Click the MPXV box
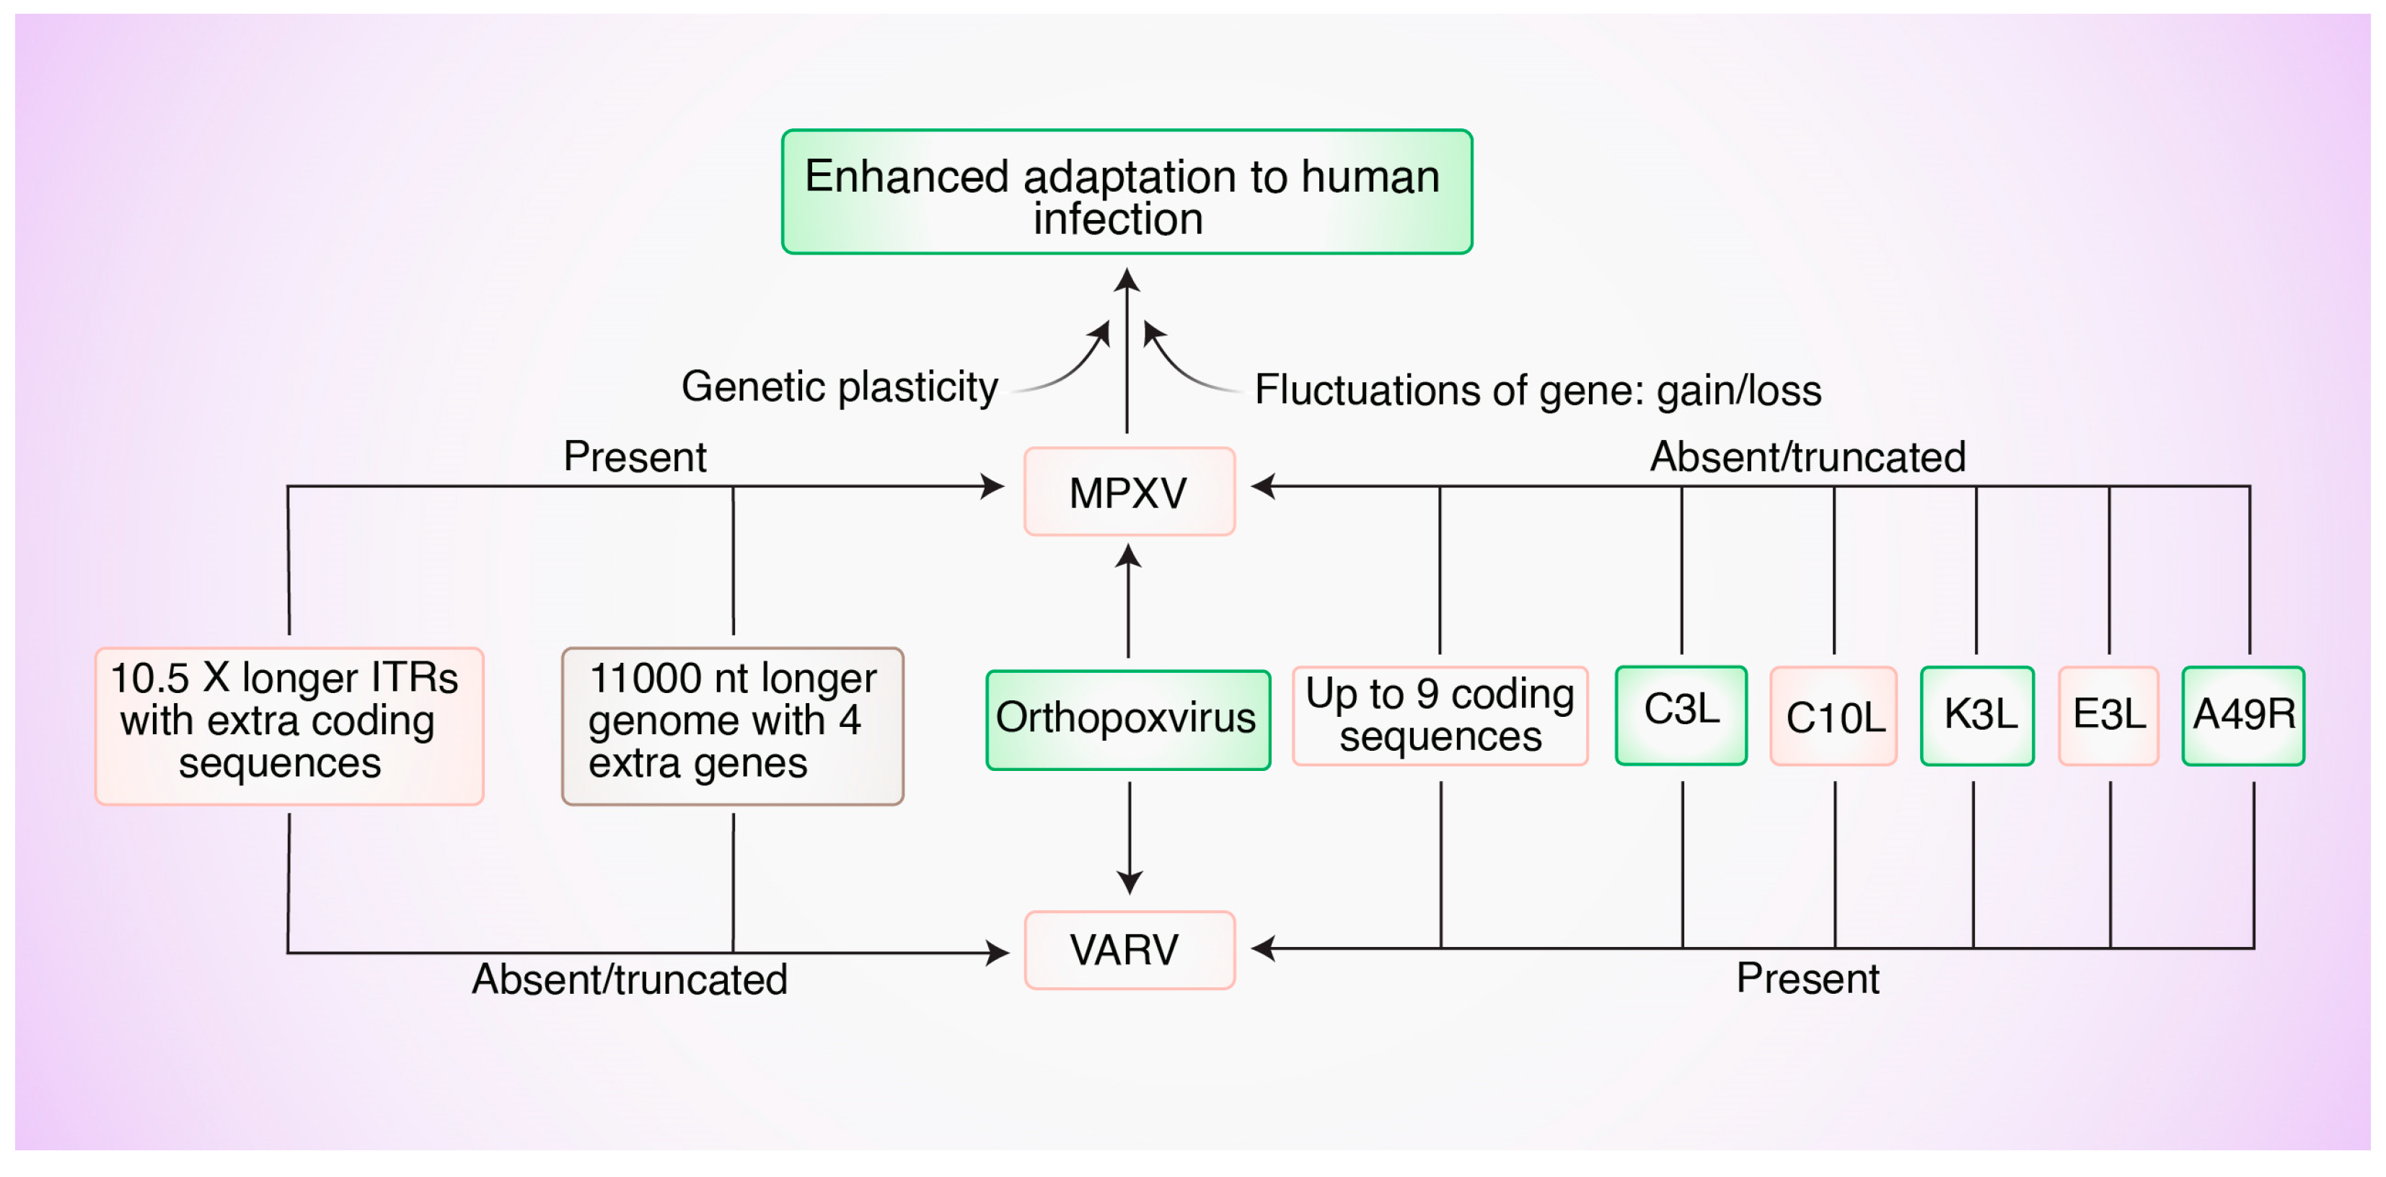pyautogui.click(x=1128, y=492)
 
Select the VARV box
pyautogui.click(x=1128, y=950)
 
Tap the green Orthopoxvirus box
pyautogui.click(x=1127, y=720)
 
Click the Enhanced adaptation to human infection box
pyautogui.click(x=1127, y=192)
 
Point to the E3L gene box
pyautogui.click(x=2108, y=715)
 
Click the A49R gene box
pyautogui.click(x=2242, y=715)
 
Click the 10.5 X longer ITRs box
pyautogui.click(x=289, y=725)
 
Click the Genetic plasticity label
pyautogui.click(x=839, y=386)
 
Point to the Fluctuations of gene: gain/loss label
pyautogui.click(x=1538, y=390)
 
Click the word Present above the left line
pyautogui.click(x=635, y=457)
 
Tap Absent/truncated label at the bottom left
pyautogui.click(x=630, y=979)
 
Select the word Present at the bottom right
pyautogui.click(x=1807, y=978)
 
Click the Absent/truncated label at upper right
pyautogui.click(x=1807, y=457)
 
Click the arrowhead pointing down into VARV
pyautogui.click(x=1128, y=883)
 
